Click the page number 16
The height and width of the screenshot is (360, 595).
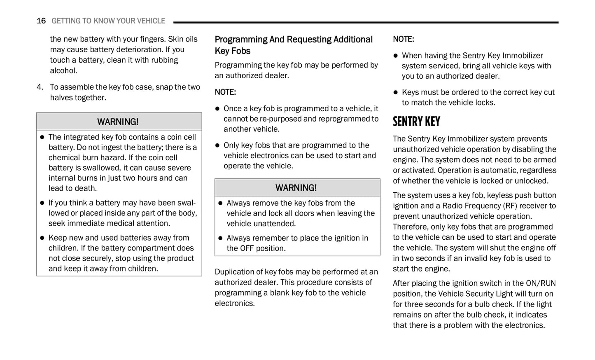41,21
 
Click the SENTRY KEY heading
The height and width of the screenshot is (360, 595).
416,122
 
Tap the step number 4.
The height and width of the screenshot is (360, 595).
40,87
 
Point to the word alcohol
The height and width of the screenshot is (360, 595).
63,70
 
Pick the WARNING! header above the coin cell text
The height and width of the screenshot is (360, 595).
118,122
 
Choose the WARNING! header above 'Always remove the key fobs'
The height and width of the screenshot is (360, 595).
296,188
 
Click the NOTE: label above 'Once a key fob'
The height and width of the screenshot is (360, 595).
225,92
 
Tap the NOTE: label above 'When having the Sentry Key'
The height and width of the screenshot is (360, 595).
404,40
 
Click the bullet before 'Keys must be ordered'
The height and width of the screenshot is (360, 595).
396,93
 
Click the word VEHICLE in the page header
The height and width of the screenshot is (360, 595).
148,21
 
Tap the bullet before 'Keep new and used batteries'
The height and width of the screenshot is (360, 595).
42,238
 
